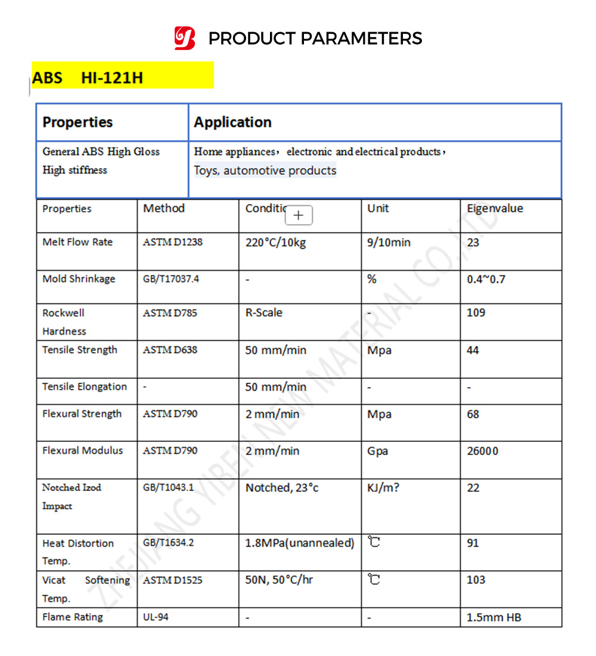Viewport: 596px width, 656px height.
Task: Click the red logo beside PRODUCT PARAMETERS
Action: click(185, 38)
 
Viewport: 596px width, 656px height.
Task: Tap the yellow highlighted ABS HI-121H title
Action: click(88, 78)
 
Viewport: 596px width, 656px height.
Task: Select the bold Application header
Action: click(233, 122)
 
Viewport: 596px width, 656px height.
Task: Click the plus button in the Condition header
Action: click(299, 215)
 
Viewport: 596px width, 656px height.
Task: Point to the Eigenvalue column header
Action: click(495, 208)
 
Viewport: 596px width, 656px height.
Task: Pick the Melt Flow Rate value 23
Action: click(473, 243)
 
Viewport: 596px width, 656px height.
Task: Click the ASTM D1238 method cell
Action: click(173, 243)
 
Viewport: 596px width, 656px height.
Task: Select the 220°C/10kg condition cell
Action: click(275, 243)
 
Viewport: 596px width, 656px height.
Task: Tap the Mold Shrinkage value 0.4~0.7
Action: click(486, 279)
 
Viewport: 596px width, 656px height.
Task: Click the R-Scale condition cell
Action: click(264, 312)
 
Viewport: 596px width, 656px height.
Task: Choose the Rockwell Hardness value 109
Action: click(476, 312)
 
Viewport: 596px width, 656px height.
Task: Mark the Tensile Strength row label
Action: click(80, 350)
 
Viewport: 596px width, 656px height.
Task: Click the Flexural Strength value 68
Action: click(473, 414)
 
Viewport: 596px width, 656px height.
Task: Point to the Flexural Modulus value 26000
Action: click(483, 451)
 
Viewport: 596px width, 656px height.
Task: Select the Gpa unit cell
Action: click(378, 451)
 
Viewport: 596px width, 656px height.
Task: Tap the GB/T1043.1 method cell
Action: click(168, 488)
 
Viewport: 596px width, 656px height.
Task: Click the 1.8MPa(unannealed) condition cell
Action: click(300, 543)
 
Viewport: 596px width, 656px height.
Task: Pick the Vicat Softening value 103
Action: click(476, 580)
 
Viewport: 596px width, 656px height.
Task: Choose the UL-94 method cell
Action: click(156, 617)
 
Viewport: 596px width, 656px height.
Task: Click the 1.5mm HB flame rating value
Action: click(494, 617)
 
